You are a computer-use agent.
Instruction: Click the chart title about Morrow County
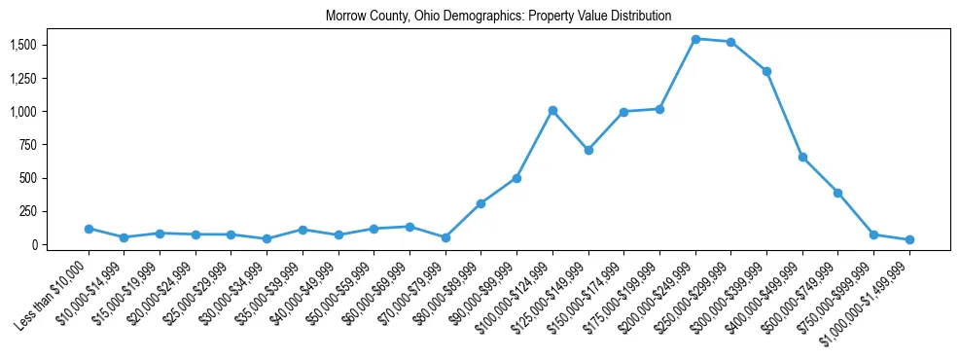498,17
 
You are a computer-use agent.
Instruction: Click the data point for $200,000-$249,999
695,39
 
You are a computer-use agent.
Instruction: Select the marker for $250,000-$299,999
730,42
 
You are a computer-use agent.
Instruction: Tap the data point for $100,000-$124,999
552,110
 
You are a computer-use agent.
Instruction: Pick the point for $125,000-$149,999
588,150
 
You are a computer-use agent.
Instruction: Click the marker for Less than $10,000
89,229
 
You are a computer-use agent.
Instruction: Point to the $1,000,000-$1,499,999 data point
909,239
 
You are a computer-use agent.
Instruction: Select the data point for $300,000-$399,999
766,71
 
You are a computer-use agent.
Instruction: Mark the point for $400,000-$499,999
802,157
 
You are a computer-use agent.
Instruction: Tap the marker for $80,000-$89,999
481,203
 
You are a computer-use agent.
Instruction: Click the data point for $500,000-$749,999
837,193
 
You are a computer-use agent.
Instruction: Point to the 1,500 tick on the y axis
22,45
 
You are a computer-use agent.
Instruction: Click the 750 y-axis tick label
28,145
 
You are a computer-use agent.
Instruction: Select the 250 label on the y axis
28,211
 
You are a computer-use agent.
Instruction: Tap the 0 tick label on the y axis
34,244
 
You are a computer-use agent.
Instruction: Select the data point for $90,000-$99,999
516,178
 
